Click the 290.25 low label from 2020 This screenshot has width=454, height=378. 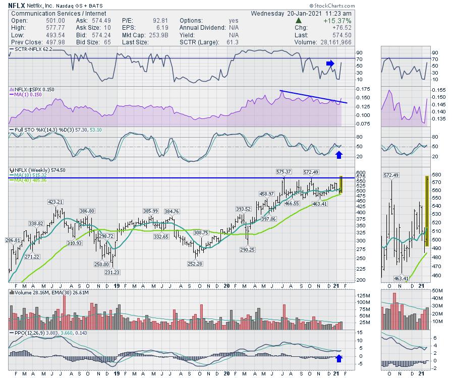click(x=248, y=249)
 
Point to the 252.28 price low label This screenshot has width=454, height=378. click(x=195, y=263)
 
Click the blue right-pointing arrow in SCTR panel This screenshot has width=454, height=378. click(x=329, y=64)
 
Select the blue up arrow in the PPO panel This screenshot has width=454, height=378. click(x=338, y=359)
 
